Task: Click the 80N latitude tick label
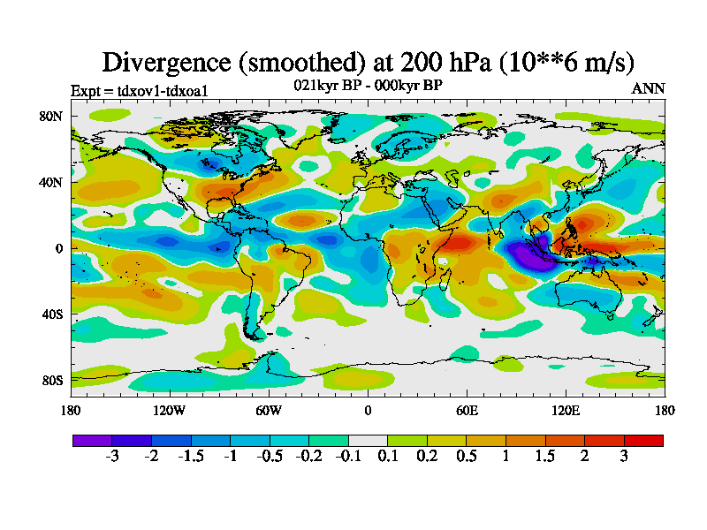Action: [49, 116]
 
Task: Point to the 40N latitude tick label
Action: [49, 182]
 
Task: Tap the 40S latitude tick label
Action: [49, 314]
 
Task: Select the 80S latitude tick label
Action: [49, 381]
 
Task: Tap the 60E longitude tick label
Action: [467, 410]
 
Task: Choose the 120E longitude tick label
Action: [566, 410]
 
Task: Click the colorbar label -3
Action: [112, 457]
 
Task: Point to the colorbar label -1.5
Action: [191, 457]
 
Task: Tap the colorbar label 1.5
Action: [545, 457]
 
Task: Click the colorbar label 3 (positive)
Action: [624, 457]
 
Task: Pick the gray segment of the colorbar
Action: [368, 440]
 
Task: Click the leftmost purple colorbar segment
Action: [92, 440]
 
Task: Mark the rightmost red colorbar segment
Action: [643, 440]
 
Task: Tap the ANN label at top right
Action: [648, 88]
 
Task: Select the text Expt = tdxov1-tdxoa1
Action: [139, 90]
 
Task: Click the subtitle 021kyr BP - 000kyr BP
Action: [367, 86]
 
